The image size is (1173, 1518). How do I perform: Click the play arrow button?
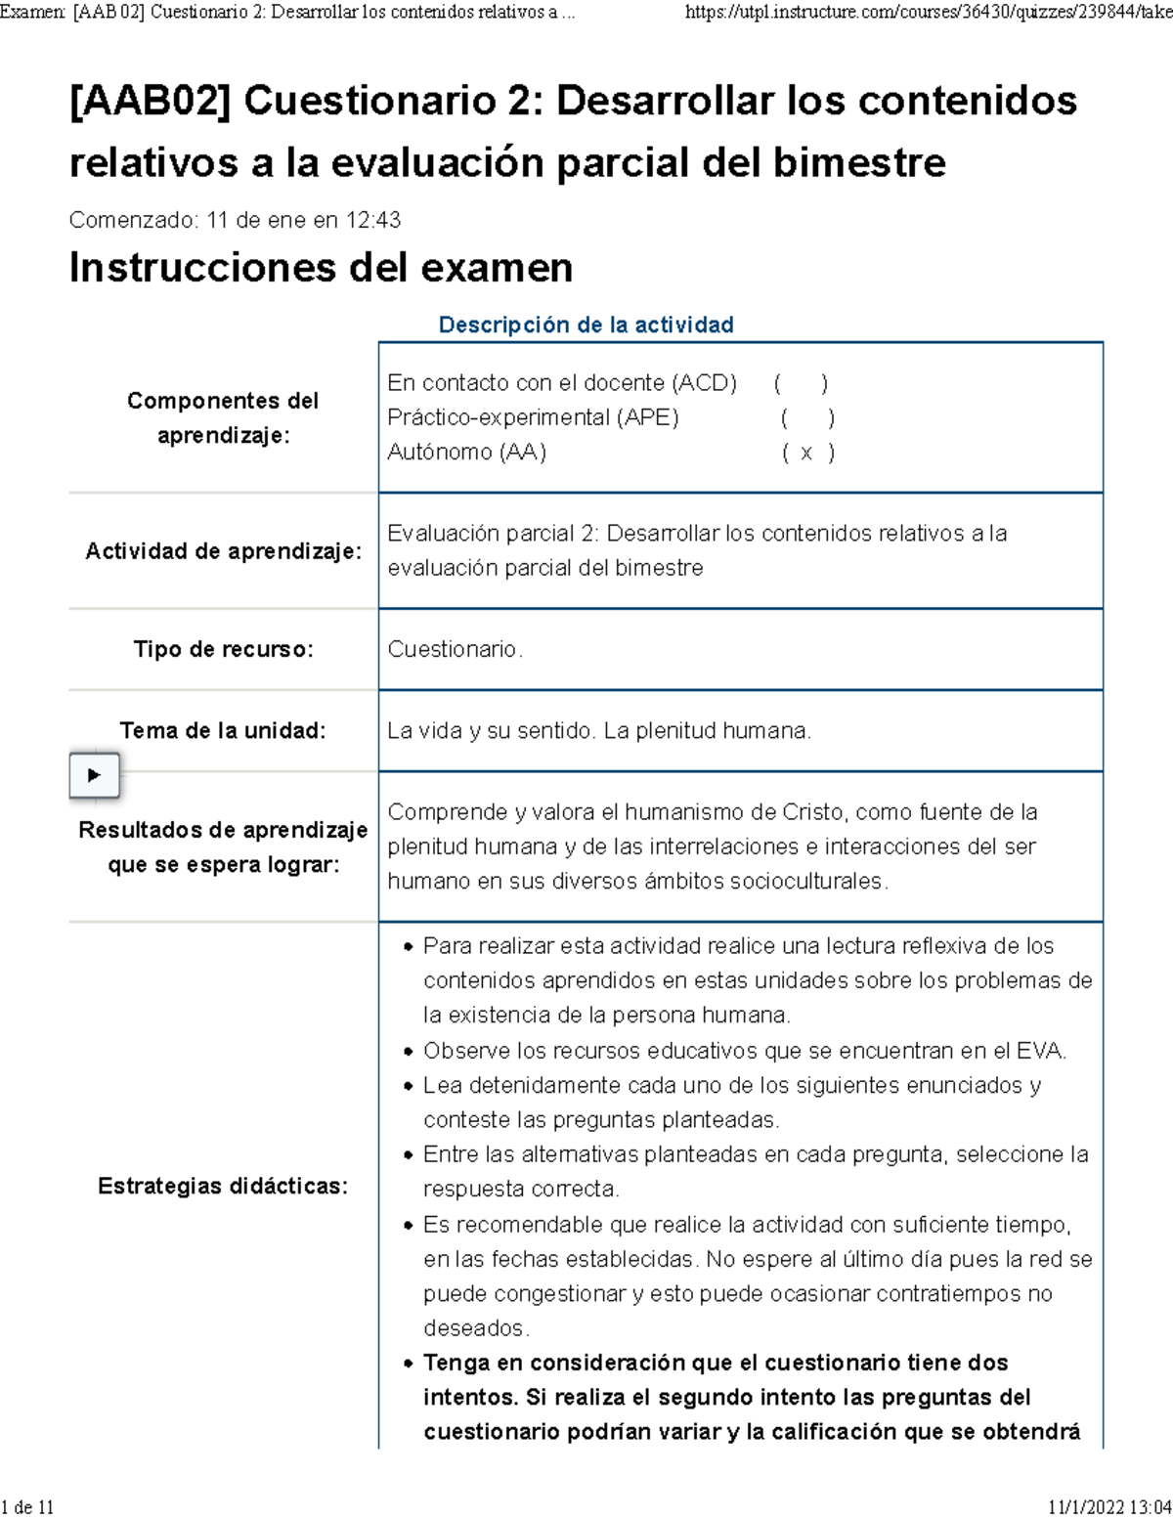(x=94, y=775)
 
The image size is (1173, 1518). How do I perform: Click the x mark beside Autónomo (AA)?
(x=806, y=453)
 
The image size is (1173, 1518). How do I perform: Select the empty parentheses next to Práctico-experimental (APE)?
(x=806, y=418)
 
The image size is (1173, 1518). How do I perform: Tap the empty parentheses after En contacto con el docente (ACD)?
(x=801, y=383)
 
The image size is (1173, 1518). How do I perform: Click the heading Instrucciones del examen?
(x=321, y=268)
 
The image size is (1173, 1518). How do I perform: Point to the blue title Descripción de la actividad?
(x=586, y=325)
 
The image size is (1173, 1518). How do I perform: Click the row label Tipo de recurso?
(x=223, y=649)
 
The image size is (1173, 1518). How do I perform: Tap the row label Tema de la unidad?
(x=223, y=730)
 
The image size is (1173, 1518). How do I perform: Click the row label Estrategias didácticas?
(x=223, y=1186)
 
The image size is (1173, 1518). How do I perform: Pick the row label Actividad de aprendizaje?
(x=223, y=551)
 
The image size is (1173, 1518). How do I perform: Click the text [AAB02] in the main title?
(x=150, y=101)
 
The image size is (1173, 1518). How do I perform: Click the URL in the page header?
(x=928, y=12)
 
